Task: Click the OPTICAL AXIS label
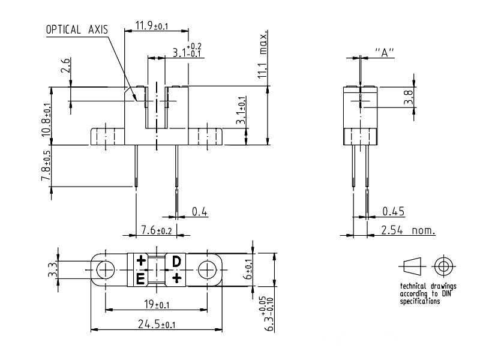pos(77,29)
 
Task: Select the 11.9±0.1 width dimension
pos(152,25)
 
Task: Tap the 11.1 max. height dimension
pos(263,55)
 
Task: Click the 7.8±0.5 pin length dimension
pos(46,166)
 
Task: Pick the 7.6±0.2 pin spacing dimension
pos(157,230)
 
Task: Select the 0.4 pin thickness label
pos(199,212)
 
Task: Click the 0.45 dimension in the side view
pos(394,211)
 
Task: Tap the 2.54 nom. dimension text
pos(408,230)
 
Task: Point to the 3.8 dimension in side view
pos(409,97)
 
